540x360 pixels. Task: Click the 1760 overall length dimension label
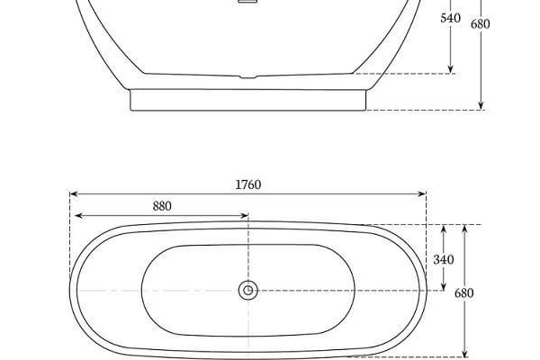point(248,184)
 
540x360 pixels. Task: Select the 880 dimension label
point(162,206)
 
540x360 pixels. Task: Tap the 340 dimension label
point(444,259)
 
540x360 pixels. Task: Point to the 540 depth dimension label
point(451,18)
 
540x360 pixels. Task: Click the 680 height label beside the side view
point(481,24)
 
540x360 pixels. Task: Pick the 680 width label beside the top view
point(463,293)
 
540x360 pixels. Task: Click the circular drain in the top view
point(248,290)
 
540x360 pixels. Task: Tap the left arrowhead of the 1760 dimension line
point(74,194)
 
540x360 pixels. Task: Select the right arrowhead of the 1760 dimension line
point(422,194)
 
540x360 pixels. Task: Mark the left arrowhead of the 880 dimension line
point(78,216)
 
